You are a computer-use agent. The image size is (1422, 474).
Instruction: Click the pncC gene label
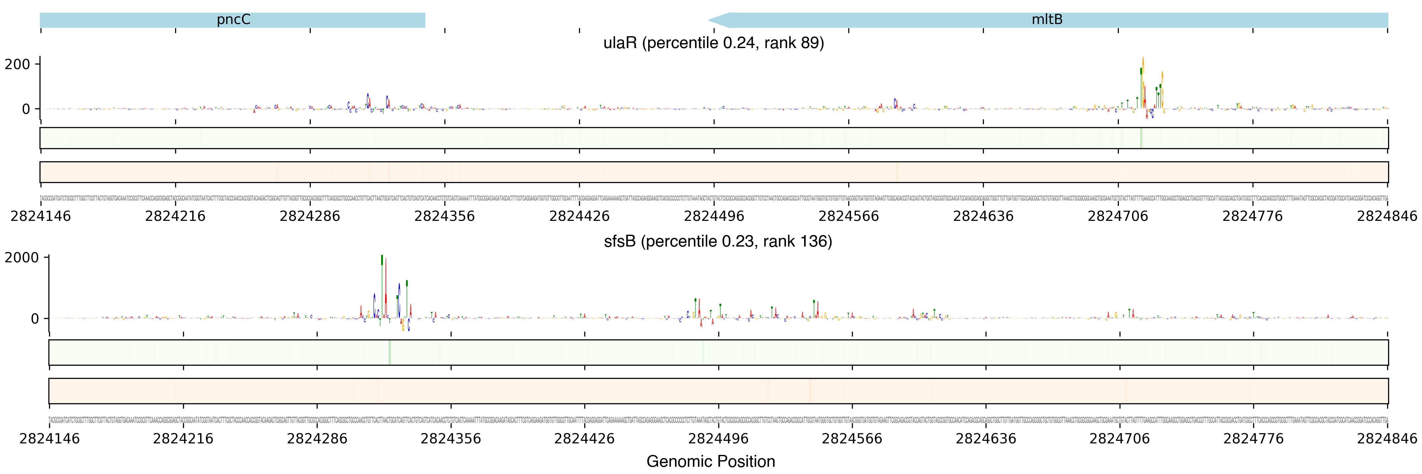click(233, 20)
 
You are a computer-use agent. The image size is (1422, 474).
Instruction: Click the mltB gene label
click(1047, 20)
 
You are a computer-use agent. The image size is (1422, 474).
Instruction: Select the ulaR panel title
click(713, 43)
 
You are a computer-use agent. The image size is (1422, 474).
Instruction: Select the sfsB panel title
click(718, 242)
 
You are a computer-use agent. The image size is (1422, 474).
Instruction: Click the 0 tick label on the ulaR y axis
click(26, 109)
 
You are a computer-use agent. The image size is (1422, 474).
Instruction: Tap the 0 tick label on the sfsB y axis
click(35, 319)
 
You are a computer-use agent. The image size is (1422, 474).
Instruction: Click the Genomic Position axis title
click(710, 461)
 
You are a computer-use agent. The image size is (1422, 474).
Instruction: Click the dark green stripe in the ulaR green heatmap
click(1141, 138)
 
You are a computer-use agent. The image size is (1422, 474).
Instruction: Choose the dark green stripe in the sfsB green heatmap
click(390, 352)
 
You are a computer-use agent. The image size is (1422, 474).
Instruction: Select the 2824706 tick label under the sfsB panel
click(1119, 439)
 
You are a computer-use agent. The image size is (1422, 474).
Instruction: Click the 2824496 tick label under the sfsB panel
click(718, 439)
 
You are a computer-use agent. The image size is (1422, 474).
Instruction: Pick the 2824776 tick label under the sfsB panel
click(1254, 439)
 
